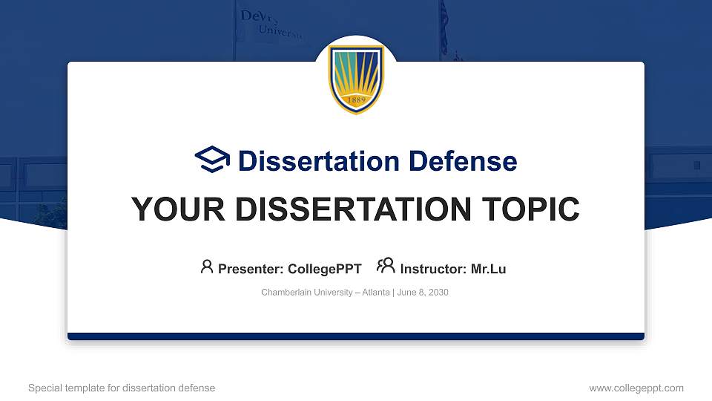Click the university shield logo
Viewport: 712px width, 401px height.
click(356, 79)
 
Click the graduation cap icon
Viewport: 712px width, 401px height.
click(212, 160)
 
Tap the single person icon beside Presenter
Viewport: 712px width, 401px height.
click(207, 267)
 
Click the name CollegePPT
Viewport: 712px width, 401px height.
click(324, 269)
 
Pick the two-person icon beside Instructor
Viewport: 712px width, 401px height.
click(386, 267)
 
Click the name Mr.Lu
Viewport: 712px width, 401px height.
click(488, 269)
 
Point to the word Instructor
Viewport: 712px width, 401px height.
click(433, 269)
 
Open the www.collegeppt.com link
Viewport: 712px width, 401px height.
click(636, 388)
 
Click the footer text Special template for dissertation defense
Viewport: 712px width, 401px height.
click(122, 388)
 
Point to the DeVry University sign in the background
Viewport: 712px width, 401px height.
click(271, 24)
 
